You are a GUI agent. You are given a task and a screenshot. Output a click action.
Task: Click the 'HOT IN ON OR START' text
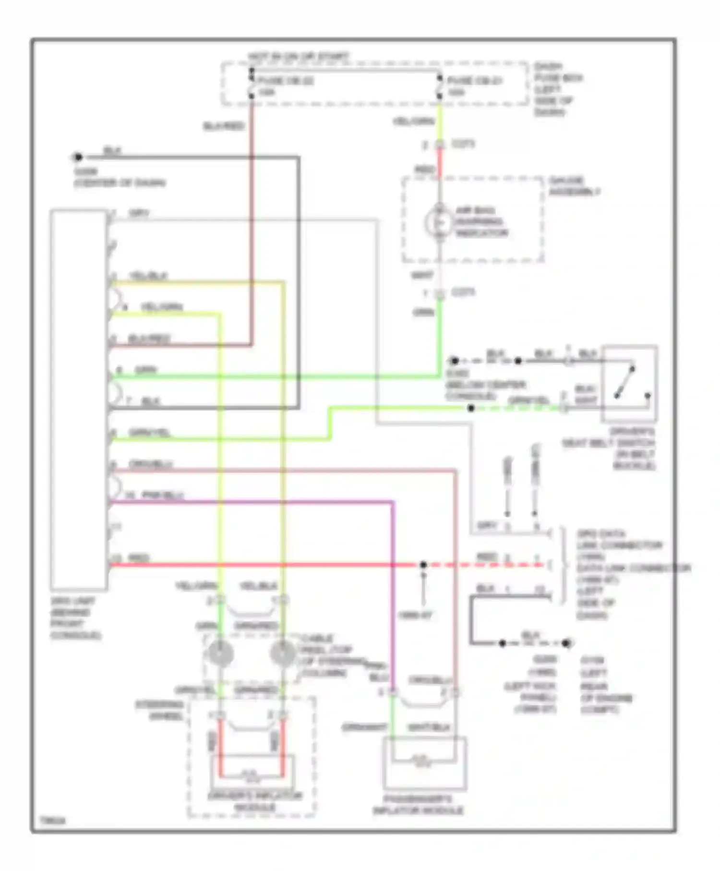[299, 57]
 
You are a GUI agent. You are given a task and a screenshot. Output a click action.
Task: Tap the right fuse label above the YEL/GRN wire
[474, 81]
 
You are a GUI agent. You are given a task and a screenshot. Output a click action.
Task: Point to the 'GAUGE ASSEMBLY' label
[575, 186]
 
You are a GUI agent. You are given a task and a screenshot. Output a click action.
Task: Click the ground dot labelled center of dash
[78, 157]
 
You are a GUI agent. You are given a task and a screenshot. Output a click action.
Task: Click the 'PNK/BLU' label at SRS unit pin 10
[163, 495]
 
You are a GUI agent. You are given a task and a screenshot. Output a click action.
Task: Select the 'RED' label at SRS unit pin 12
[139, 558]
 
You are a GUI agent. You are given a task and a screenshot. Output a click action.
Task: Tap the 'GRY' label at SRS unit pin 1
[139, 213]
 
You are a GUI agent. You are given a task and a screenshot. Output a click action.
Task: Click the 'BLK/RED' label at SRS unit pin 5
[149, 339]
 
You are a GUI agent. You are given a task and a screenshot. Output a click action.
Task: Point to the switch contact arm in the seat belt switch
[624, 382]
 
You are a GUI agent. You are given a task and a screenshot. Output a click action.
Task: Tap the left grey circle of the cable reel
[220, 653]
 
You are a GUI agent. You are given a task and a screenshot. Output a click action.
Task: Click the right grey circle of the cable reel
[283, 653]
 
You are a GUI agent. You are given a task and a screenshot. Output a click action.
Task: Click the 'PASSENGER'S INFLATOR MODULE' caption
[418, 805]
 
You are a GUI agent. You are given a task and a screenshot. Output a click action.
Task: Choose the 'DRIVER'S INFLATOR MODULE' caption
[255, 801]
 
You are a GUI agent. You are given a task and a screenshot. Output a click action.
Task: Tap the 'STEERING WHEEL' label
[160, 711]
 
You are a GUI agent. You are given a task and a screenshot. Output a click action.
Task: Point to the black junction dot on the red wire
[423, 565]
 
